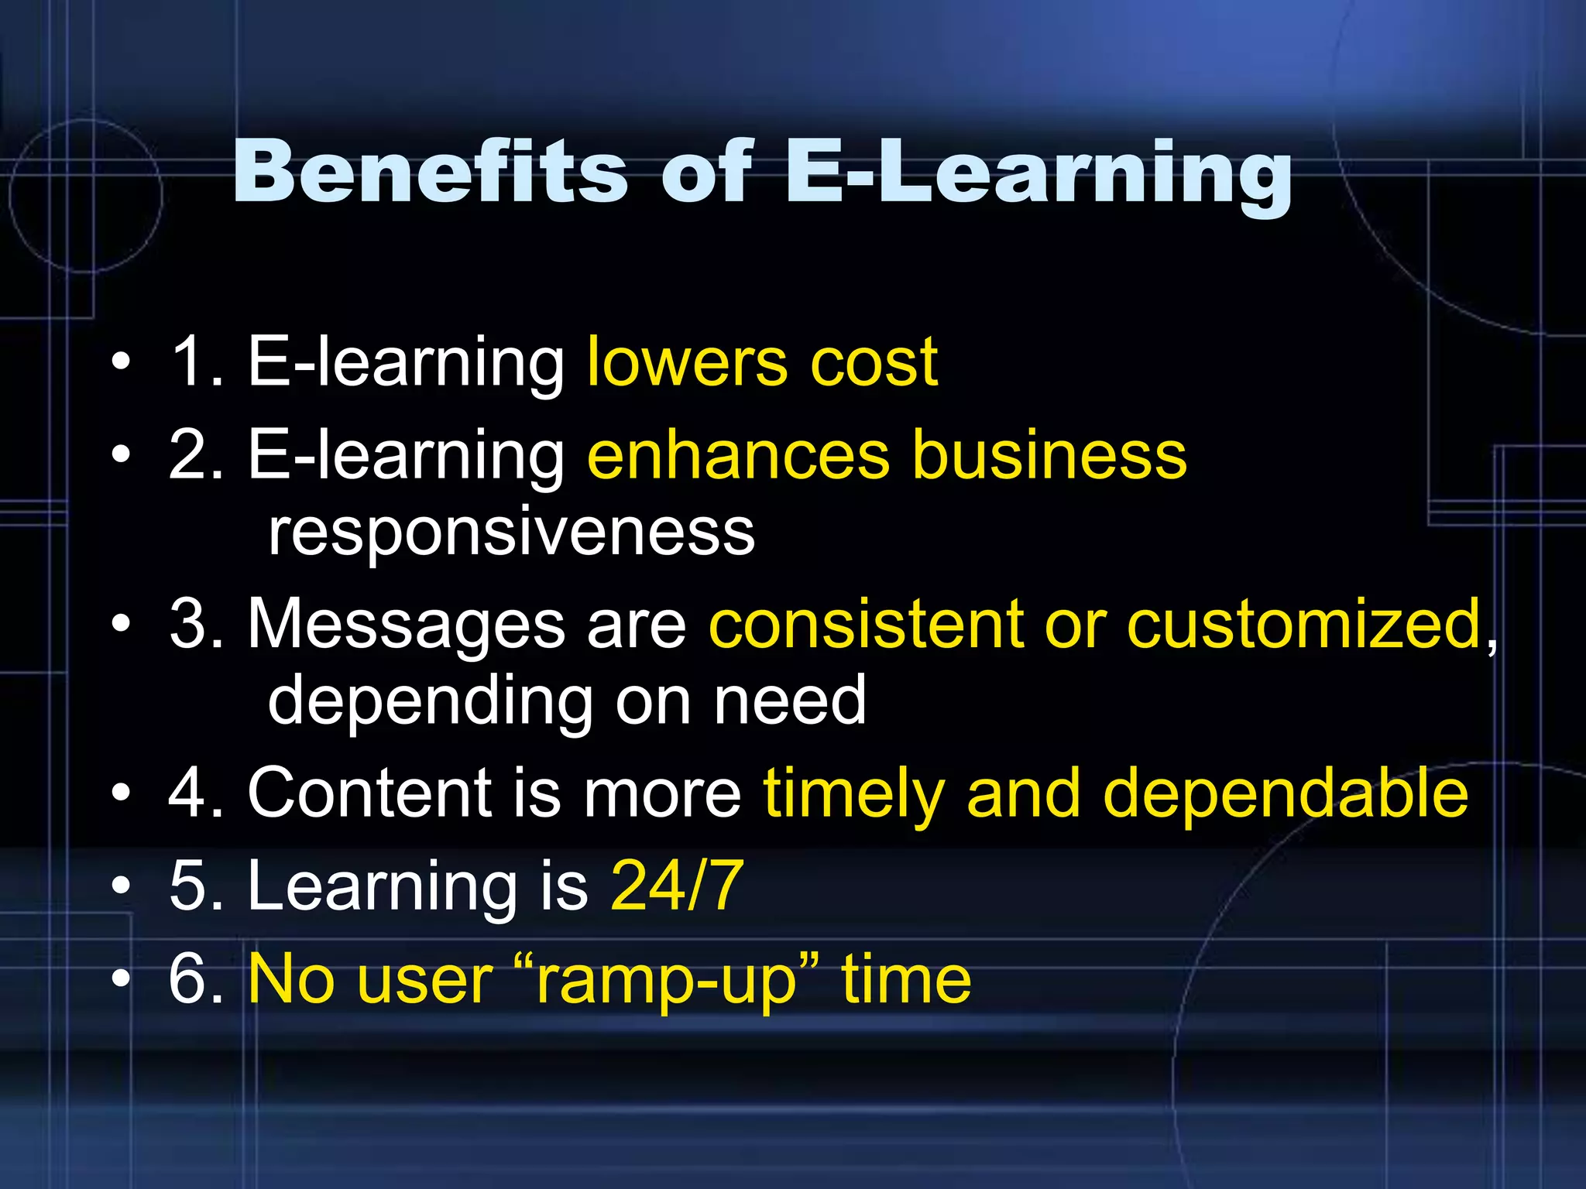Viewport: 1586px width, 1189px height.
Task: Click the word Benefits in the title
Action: tap(431, 172)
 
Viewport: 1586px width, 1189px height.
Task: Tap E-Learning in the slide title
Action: tap(1038, 175)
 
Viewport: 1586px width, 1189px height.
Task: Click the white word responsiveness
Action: tap(511, 532)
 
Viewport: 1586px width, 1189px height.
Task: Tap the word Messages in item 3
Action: tap(407, 625)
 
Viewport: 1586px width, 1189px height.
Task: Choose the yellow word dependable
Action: tap(1285, 793)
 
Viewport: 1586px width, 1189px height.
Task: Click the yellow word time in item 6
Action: tap(906, 979)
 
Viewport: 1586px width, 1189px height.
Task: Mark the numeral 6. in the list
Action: tap(197, 979)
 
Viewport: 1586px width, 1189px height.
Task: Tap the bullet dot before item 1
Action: tap(121, 362)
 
